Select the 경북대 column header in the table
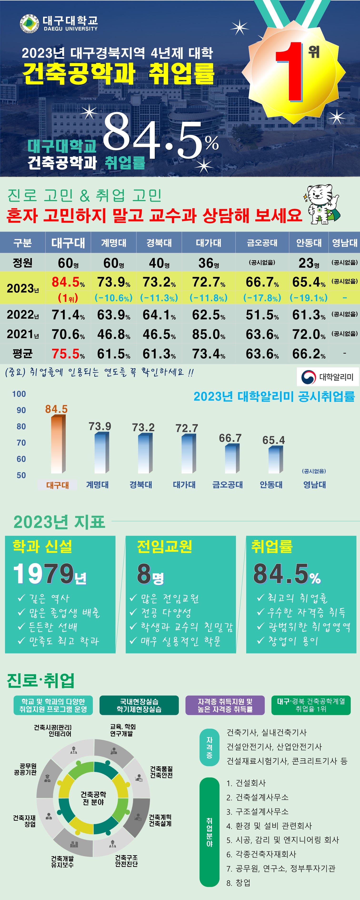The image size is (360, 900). pos(159,242)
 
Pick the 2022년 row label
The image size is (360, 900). pos(23,315)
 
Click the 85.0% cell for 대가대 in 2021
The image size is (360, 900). pos(209,334)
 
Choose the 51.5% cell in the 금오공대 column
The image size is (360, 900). pos(262,315)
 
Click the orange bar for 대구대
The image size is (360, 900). pos(58,444)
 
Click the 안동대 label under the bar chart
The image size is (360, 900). pos(271,485)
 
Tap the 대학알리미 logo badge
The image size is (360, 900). pos(327,377)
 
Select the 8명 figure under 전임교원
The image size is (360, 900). pos(150,574)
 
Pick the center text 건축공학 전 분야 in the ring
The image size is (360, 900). pos(93,798)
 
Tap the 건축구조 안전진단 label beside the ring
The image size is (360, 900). pos(126,860)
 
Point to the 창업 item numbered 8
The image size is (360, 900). pos(239,883)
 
